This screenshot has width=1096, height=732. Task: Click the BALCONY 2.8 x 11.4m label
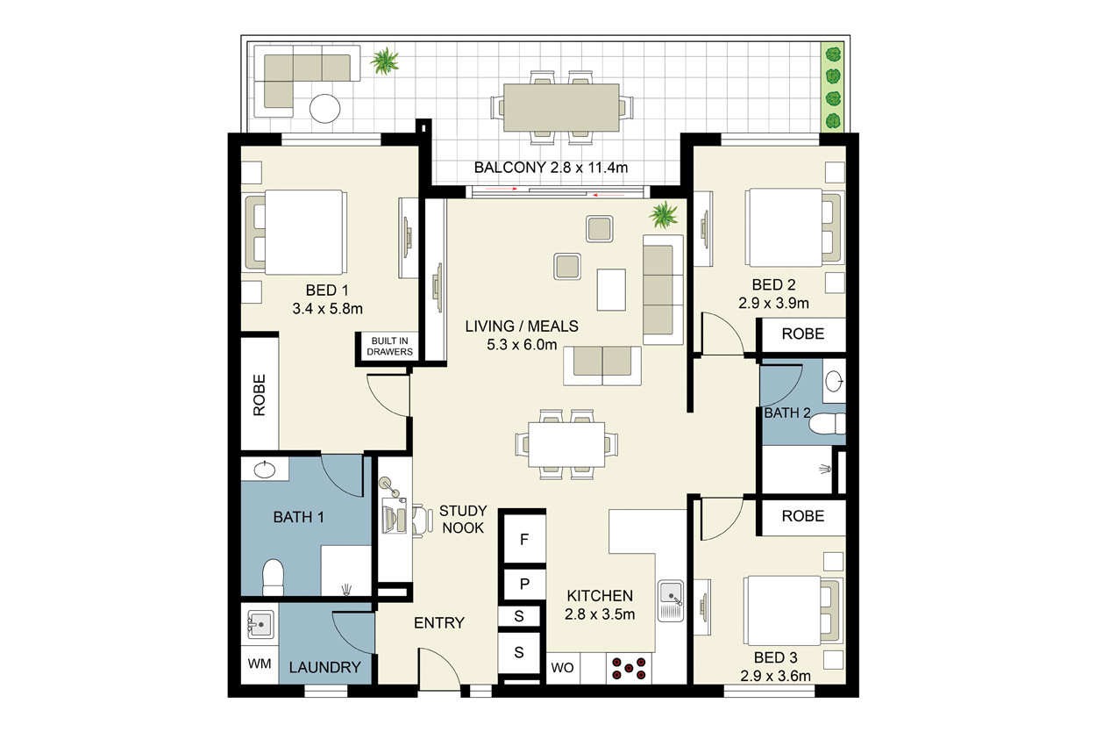tap(551, 168)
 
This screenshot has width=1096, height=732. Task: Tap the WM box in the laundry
tap(260, 664)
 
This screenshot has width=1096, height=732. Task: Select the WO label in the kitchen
tap(562, 668)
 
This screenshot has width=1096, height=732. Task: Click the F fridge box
tap(524, 540)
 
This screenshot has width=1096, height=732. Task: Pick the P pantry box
tap(524, 584)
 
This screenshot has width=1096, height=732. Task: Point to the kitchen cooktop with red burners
tap(629, 668)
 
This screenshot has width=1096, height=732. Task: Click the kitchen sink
tap(671, 600)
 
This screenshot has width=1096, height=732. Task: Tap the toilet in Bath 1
tap(273, 577)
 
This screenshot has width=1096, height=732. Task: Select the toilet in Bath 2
tap(828, 424)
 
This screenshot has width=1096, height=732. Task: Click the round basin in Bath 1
tap(265, 470)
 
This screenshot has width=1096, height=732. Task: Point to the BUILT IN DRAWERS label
tap(389, 346)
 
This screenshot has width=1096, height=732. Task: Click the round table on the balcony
tap(325, 108)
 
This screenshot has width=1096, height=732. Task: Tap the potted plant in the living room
tap(664, 215)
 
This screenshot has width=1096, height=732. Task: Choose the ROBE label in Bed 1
tap(259, 395)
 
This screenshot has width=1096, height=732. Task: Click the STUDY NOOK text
tap(463, 519)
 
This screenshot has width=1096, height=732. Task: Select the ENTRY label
tap(439, 623)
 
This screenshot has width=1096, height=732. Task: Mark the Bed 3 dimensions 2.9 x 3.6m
tap(775, 676)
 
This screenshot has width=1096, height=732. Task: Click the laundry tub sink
tap(260, 624)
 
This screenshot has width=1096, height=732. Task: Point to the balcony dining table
tap(562, 107)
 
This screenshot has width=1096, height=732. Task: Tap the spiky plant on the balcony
tap(385, 61)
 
